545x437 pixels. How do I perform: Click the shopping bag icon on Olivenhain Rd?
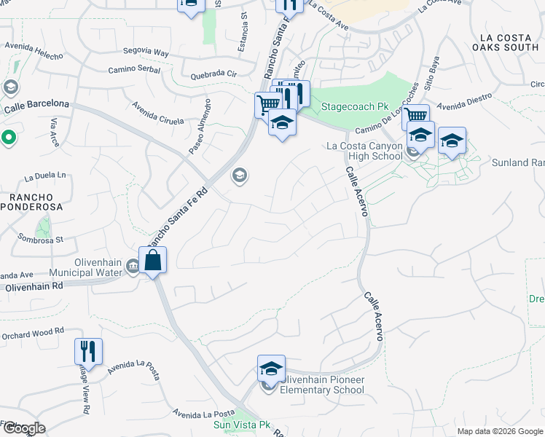tap(153, 260)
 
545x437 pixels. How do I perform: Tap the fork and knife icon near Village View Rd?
tap(88, 352)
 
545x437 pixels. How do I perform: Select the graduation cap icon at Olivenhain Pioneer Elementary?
tap(271, 369)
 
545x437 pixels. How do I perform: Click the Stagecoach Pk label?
tap(356, 106)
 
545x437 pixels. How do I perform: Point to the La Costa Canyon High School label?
tap(364, 151)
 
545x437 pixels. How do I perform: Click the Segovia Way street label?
tap(146, 52)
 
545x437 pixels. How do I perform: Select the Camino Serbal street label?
tap(133, 70)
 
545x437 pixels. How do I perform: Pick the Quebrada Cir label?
tap(213, 74)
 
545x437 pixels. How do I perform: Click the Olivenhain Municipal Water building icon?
tap(133, 266)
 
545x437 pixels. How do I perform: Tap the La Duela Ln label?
tap(45, 176)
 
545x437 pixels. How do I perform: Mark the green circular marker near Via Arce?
tap(9, 137)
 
